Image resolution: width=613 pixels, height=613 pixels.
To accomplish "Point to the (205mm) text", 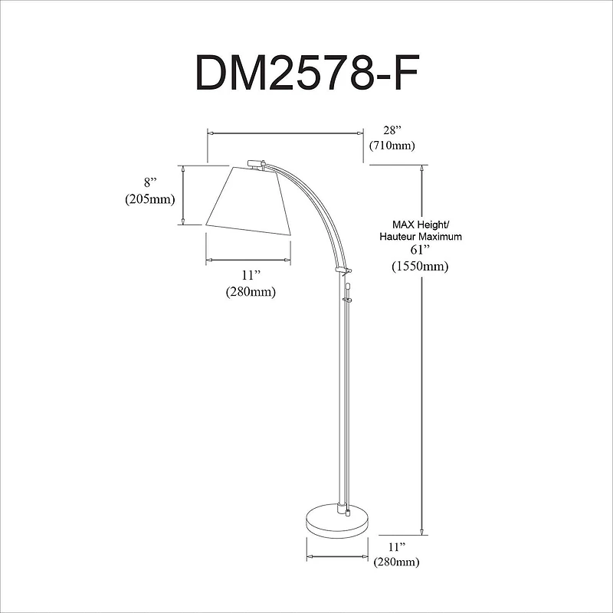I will click(x=150, y=199).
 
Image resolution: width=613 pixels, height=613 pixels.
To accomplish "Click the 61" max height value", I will click(x=418, y=251).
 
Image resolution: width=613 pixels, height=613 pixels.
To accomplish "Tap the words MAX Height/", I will click(x=418, y=225).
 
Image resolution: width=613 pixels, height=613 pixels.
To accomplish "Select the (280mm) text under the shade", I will click(x=251, y=292).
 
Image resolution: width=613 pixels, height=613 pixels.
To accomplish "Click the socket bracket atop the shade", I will click(x=255, y=162).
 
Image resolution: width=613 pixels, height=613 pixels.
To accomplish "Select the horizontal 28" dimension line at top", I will click(x=284, y=133).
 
